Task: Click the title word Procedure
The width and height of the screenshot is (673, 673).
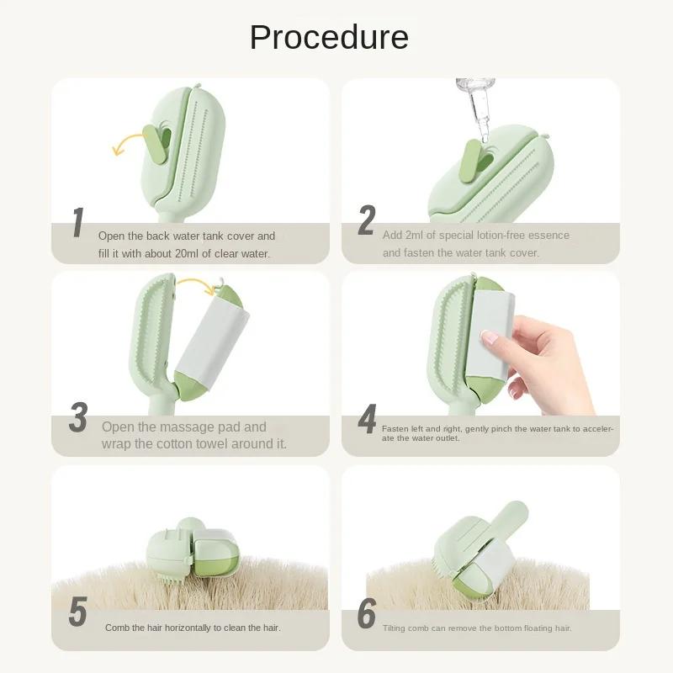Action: (x=329, y=37)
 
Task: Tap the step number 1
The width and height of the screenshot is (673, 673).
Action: (x=77, y=224)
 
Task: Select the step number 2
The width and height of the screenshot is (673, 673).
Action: (x=367, y=221)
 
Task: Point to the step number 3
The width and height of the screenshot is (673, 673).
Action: (x=78, y=418)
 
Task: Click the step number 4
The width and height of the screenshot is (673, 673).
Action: (x=367, y=421)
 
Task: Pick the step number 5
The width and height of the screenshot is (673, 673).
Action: (x=77, y=613)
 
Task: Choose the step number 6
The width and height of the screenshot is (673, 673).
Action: (x=367, y=614)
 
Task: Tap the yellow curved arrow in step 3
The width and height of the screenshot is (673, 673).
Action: (x=196, y=287)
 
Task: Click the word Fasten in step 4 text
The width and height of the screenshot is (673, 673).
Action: (x=395, y=429)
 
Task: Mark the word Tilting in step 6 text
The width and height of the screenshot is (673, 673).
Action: (x=398, y=628)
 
